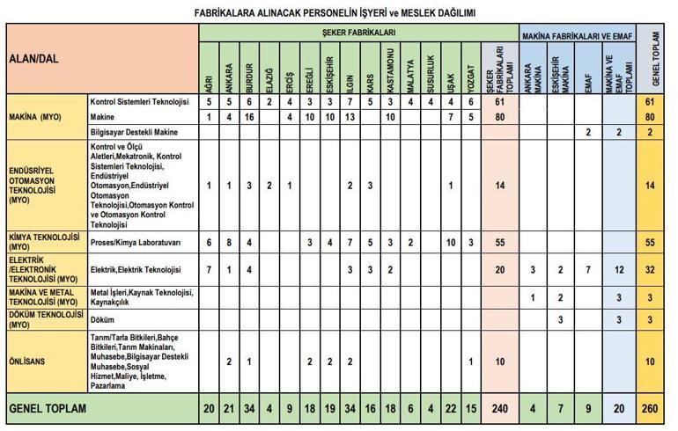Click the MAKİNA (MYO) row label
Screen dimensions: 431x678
pos(36,117)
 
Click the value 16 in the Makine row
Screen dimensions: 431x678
pos(249,117)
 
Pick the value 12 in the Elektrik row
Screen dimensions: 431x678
pos(621,269)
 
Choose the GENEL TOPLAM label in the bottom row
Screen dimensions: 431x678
pos(48,408)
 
